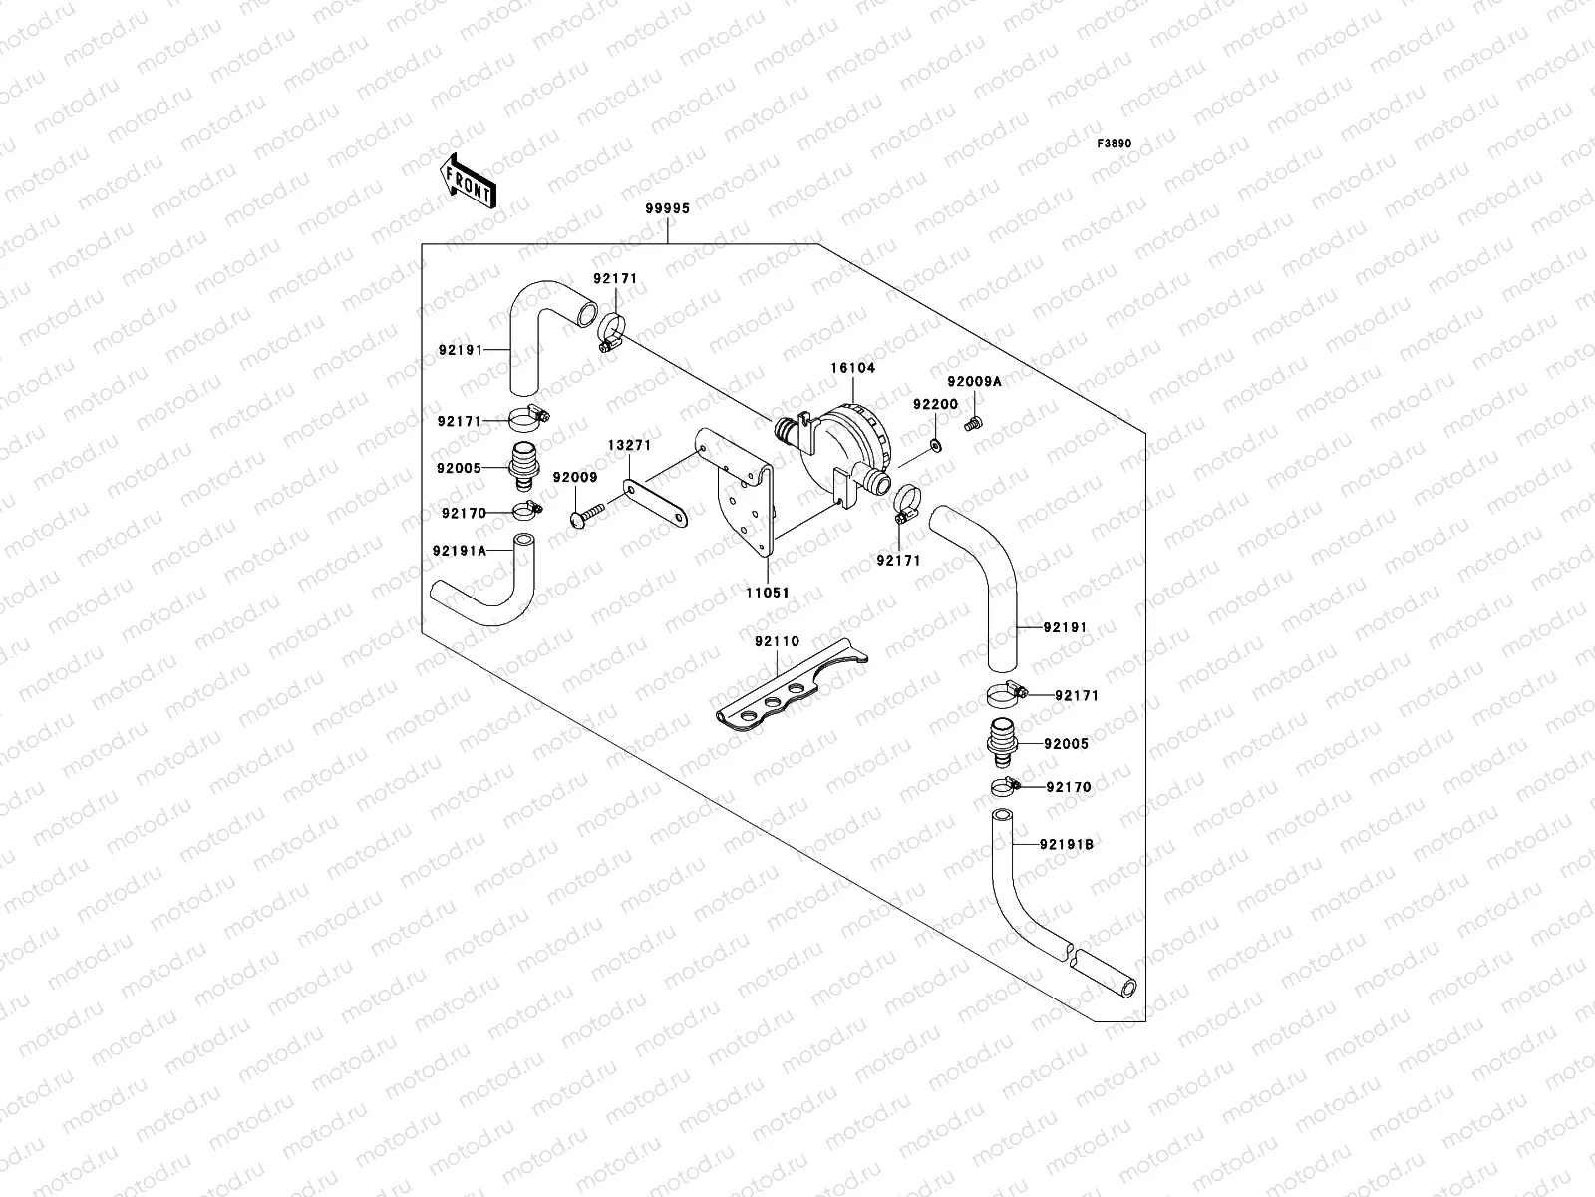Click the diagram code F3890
click(1115, 144)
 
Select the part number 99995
click(668, 209)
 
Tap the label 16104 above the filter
click(853, 368)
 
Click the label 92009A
click(974, 382)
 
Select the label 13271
click(629, 444)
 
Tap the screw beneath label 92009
click(587, 514)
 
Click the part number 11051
click(769, 593)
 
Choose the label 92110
click(777, 641)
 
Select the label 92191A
click(460, 550)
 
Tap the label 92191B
click(1067, 844)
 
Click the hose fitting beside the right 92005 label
click(1001, 742)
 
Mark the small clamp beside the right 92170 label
click(1003, 786)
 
